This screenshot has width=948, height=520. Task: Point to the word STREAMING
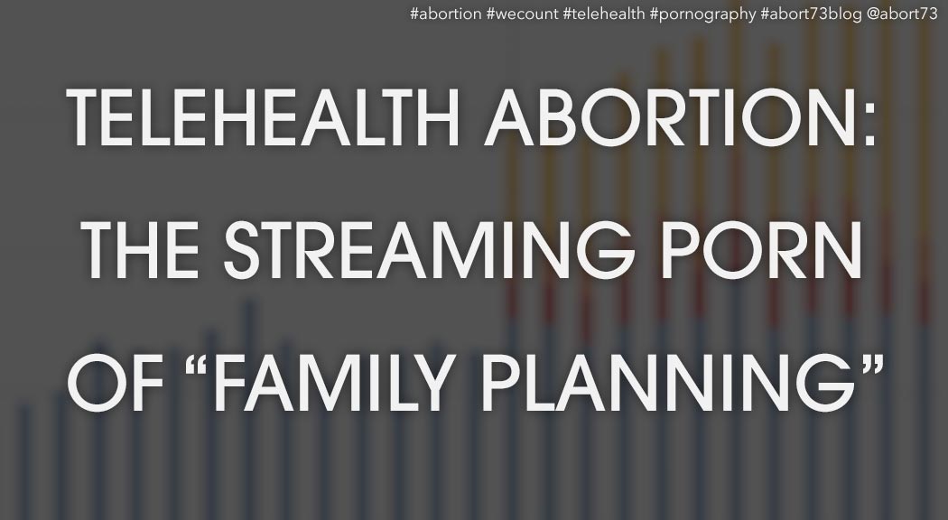(x=429, y=250)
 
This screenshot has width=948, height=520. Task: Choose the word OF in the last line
(x=116, y=384)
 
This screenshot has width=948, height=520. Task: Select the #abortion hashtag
(x=446, y=14)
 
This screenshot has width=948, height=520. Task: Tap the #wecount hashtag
(x=523, y=14)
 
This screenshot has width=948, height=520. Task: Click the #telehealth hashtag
(x=604, y=14)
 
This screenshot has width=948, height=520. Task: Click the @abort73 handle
(x=902, y=14)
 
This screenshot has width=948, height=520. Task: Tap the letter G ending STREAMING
(x=606, y=250)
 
